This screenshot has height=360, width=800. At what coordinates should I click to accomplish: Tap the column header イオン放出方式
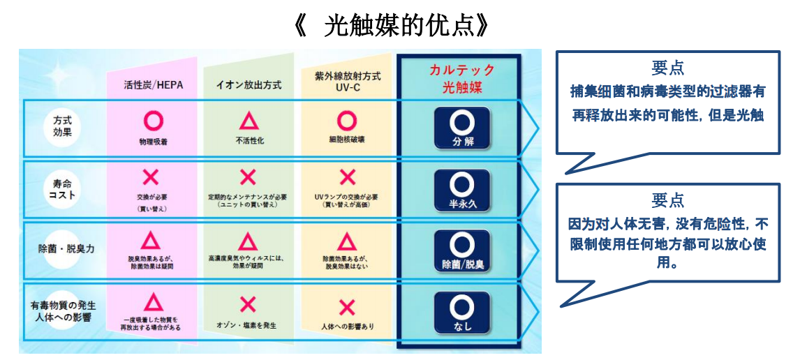[x=248, y=85]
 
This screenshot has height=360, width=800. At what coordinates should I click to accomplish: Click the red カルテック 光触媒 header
[x=460, y=79]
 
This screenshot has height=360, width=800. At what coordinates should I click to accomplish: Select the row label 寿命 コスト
[x=62, y=188]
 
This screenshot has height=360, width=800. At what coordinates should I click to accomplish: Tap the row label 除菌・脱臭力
[x=62, y=248]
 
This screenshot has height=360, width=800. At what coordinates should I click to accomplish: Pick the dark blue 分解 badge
[x=460, y=127]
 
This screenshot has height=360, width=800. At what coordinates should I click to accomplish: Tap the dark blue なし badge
[x=460, y=312]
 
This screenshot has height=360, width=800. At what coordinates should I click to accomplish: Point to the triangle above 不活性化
[x=248, y=121]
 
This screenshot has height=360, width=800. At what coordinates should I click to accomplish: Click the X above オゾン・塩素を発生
[x=248, y=304]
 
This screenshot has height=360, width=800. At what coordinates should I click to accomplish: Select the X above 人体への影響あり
[x=347, y=306]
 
